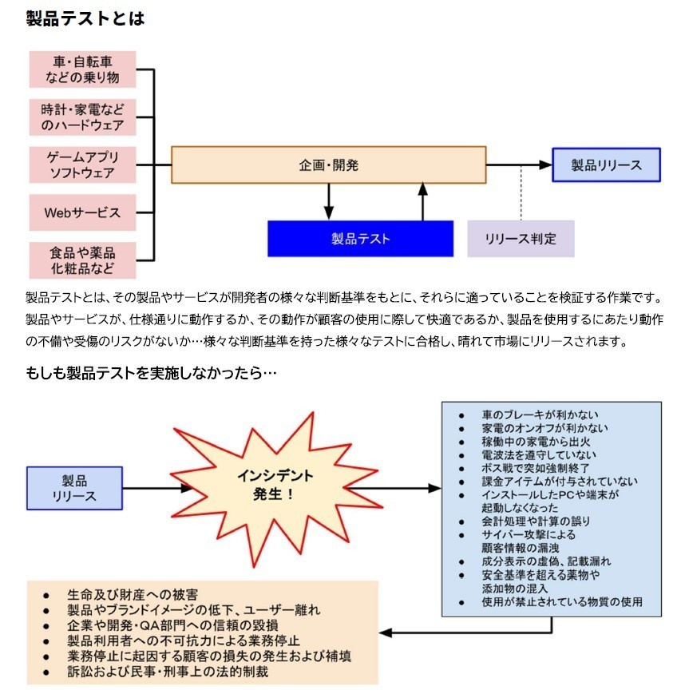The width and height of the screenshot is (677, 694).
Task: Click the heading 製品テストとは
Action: [x=85, y=18]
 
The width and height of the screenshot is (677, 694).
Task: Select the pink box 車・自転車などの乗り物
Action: [x=82, y=69]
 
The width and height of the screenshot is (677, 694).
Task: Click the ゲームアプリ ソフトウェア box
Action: [x=82, y=165]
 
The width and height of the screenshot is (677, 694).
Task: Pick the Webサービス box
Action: [x=82, y=212]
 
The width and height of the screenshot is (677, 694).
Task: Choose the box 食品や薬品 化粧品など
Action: [x=82, y=260]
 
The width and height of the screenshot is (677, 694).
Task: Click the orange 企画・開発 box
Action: [x=328, y=165]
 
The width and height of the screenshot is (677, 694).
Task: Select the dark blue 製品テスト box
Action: [x=360, y=239]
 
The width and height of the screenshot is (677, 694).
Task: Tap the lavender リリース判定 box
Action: [x=520, y=239]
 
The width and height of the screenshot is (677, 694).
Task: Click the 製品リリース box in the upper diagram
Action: [x=606, y=165]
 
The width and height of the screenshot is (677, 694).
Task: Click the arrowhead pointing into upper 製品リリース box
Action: [x=546, y=165]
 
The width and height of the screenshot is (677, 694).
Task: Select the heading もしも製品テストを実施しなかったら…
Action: [x=151, y=372]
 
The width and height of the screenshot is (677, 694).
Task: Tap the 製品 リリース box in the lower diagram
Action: [x=74, y=488]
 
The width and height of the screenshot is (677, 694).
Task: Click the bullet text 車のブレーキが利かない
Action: [x=540, y=415]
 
